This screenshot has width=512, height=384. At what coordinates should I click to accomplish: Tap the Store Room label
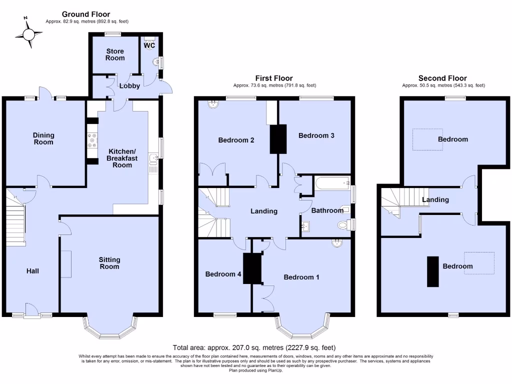(x=115, y=54)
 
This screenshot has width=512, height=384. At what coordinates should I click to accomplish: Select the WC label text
(x=149, y=45)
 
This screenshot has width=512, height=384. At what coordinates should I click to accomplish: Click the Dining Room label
(x=43, y=138)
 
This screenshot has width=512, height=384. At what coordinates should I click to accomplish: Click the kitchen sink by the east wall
(x=154, y=160)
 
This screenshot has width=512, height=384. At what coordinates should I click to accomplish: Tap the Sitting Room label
(x=109, y=263)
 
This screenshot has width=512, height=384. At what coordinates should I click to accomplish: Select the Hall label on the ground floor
(x=32, y=271)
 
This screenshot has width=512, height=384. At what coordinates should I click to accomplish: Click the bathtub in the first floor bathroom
(x=332, y=183)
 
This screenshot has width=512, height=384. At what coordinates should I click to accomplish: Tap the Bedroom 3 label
(x=316, y=135)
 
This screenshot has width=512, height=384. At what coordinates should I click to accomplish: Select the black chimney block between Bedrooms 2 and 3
(x=277, y=138)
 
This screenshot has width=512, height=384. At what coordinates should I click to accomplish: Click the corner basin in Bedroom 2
(x=213, y=104)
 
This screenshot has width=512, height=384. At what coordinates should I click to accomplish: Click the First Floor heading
(x=274, y=78)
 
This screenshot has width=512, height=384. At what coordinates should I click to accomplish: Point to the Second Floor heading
(x=442, y=78)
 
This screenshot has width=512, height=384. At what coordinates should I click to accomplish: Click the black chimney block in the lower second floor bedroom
(x=432, y=271)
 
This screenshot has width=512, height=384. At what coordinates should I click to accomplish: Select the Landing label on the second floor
(x=435, y=199)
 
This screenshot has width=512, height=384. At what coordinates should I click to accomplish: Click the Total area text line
(x=254, y=347)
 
